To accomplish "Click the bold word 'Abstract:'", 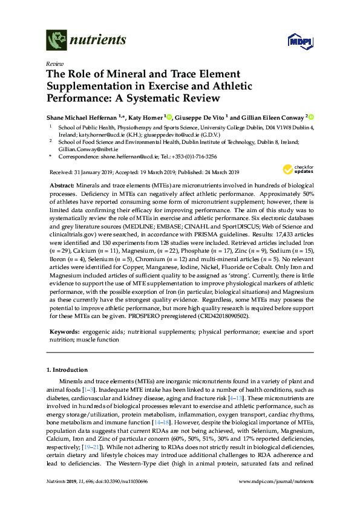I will tap(61, 184).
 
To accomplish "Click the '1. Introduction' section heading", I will tap(67, 370).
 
